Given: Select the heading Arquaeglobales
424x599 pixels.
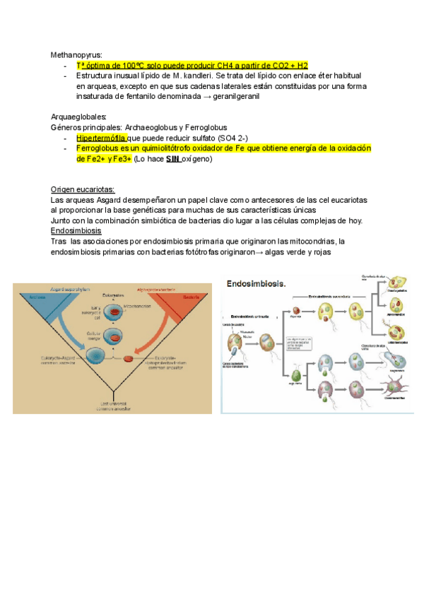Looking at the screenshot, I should tap(79, 117).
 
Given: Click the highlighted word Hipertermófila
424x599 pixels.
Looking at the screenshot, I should tap(101, 138).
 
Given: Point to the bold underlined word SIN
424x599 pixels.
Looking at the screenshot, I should tap(173, 159).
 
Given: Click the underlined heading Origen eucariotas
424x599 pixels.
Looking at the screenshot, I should tap(83, 190).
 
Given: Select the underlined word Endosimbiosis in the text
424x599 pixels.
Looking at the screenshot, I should tap(76, 230).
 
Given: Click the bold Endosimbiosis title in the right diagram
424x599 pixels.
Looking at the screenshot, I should tap(256, 283).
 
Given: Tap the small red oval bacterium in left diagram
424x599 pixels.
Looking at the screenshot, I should tap(128, 360).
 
